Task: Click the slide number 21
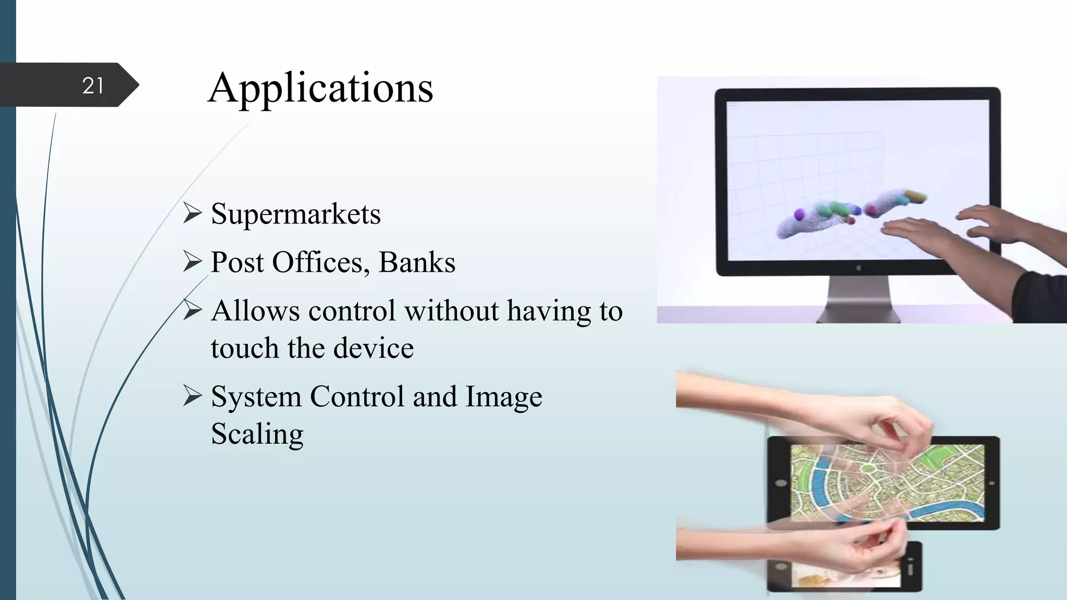click(93, 85)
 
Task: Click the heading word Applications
click(320, 88)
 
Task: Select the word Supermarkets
click(295, 214)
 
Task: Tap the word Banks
click(417, 262)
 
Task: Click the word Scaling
click(257, 434)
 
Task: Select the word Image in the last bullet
click(503, 396)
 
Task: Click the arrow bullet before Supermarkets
click(192, 214)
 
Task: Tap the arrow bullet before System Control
click(192, 396)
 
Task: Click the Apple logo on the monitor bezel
click(858, 268)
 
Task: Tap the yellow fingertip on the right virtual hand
click(915, 196)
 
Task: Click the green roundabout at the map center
click(867, 468)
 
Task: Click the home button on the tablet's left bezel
click(780, 483)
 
